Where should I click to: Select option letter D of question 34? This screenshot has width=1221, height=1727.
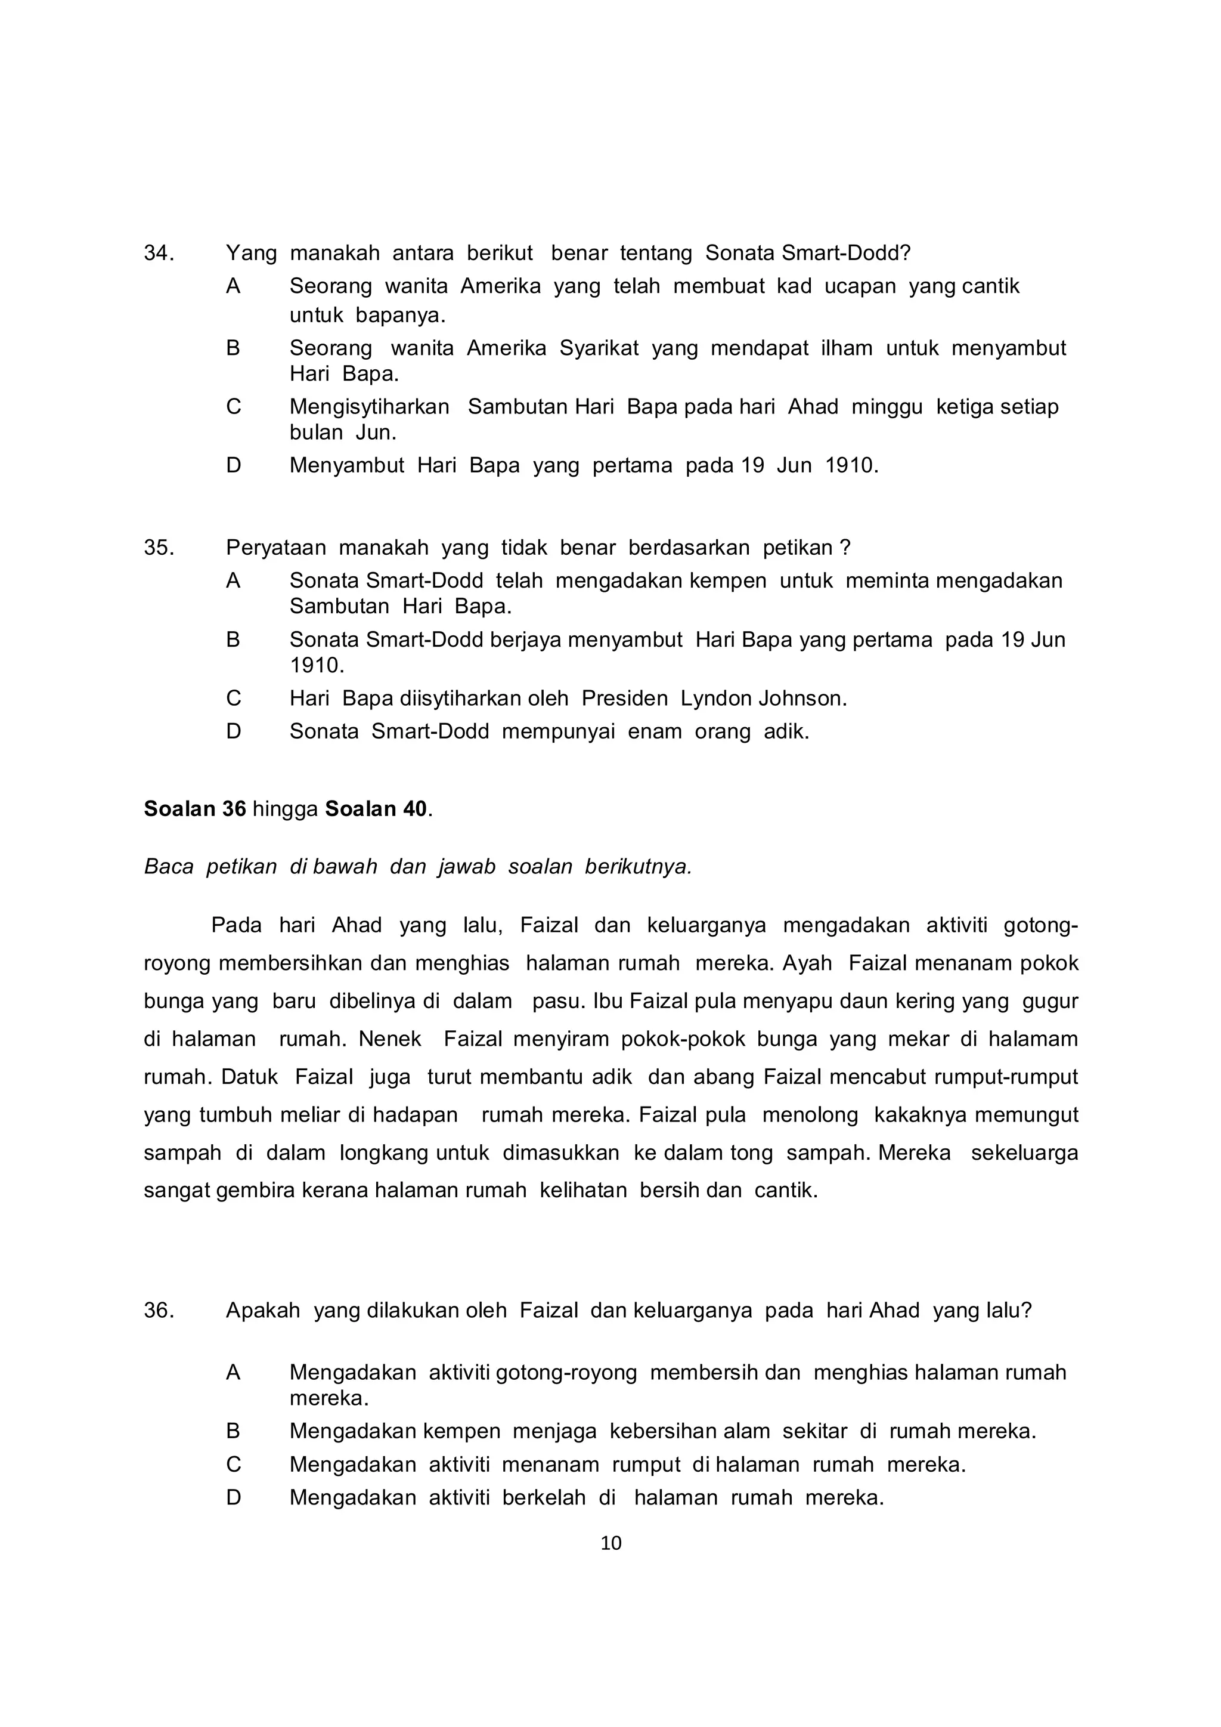[233, 465]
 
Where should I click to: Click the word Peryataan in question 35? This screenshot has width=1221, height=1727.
[276, 548]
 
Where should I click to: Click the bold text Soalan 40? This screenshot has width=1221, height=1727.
[376, 808]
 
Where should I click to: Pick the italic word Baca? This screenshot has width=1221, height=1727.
[168, 867]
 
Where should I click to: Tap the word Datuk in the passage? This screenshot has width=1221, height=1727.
[250, 1077]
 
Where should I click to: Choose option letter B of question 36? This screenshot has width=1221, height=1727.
[233, 1431]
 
